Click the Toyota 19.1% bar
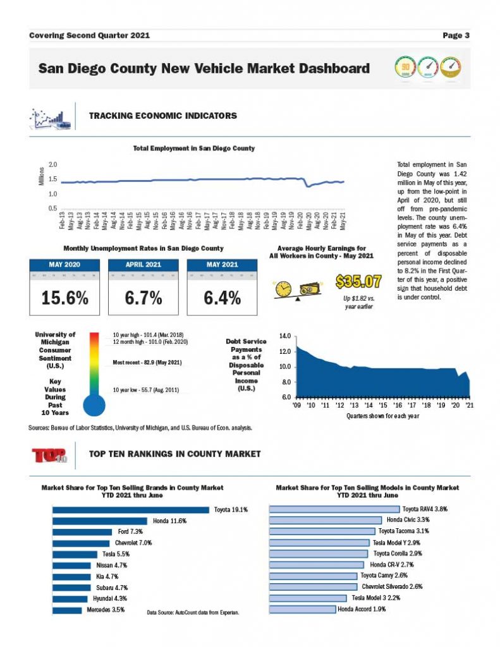coord(130,510)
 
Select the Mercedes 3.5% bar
coord(67,610)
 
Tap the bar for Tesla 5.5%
coord(74,554)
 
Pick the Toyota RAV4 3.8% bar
coord(334,509)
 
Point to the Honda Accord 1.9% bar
coord(302,610)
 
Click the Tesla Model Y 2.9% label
coord(396,543)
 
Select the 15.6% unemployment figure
coord(64,298)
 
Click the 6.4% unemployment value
coord(222,298)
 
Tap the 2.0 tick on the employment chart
coord(53,164)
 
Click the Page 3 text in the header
coord(456,35)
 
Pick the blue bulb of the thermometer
coord(94,405)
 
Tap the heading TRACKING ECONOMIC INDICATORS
coord(163,116)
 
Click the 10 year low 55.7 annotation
coord(146,390)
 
